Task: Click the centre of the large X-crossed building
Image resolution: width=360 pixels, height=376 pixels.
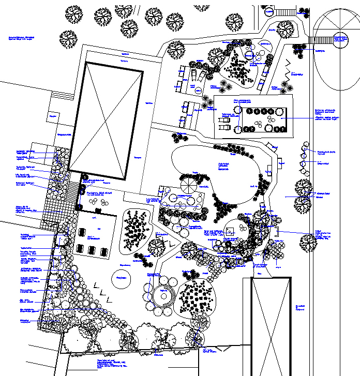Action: pyautogui.click(x=106, y=121)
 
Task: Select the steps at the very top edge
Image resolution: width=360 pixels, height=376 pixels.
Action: pyautogui.click(x=284, y=11)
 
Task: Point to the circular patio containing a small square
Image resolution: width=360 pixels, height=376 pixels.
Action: pyautogui.click(x=230, y=230)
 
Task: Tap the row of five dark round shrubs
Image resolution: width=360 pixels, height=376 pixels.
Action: pyautogui.click(x=264, y=112)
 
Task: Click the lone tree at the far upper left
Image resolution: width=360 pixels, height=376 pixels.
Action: pyautogui.click(x=68, y=38)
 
